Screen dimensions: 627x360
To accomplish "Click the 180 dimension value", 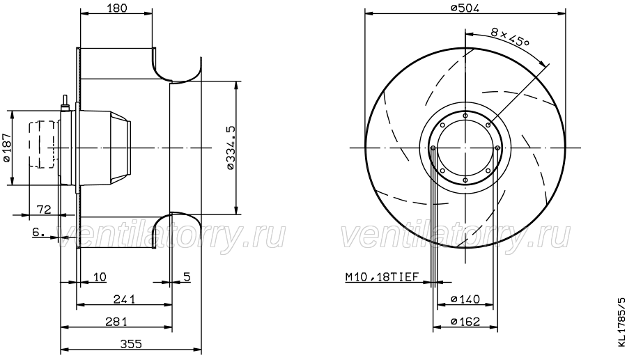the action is [117, 8].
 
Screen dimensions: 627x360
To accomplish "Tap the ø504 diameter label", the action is [465, 8].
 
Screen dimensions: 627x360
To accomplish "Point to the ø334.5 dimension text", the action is [231, 148].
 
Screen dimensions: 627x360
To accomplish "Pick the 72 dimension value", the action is [44, 209].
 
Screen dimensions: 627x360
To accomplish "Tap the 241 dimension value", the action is [125, 299].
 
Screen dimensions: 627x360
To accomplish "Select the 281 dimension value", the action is [116, 321].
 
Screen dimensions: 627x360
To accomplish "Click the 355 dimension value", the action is [131, 343].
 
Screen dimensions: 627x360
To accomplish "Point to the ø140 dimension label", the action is [465, 299].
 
